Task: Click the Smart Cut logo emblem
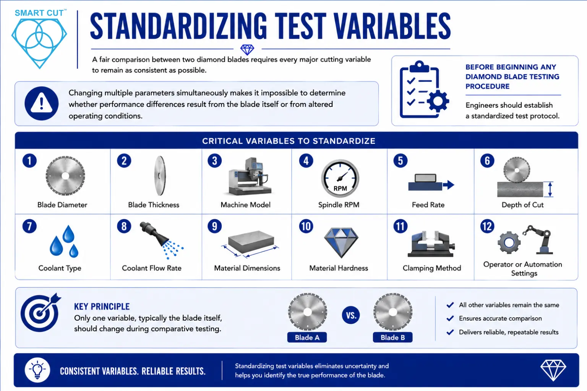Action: click(x=39, y=43)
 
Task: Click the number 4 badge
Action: click(x=306, y=160)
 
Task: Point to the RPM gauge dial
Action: click(x=340, y=178)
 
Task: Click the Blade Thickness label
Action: click(x=154, y=205)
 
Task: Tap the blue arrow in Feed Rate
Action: click(x=448, y=185)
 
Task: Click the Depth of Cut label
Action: click(x=522, y=205)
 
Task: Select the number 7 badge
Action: click(x=29, y=226)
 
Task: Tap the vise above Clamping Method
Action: click(x=431, y=244)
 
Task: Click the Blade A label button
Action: click(x=307, y=337)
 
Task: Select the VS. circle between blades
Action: click(x=350, y=315)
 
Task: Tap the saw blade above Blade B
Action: click(x=392, y=312)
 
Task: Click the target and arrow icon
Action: click(x=41, y=312)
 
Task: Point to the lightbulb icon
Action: click(x=37, y=370)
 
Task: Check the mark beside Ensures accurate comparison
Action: click(x=450, y=318)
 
